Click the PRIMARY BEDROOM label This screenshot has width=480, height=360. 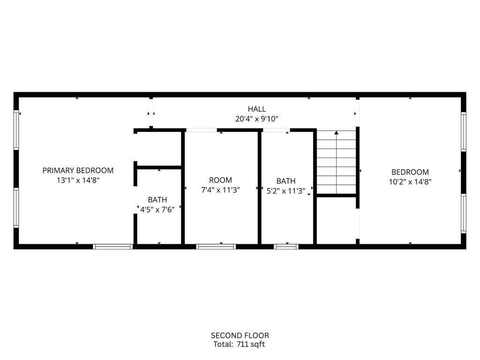click(x=78, y=171)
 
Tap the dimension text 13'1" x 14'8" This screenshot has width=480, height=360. click(x=78, y=180)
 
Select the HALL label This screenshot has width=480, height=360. click(x=257, y=109)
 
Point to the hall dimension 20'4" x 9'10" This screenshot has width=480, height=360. click(x=257, y=119)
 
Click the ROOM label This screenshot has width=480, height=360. click(x=220, y=180)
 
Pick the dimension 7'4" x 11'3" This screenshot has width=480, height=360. click(x=220, y=190)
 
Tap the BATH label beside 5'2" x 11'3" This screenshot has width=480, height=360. click(x=286, y=181)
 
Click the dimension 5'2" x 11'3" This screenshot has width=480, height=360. click(x=286, y=191)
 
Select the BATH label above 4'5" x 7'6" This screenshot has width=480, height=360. click(x=157, y=200)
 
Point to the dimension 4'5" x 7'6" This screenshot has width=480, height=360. click(x=157, y=210)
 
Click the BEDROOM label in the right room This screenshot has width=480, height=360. click(x=410, y=172)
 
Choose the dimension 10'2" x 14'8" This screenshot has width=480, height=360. click(x=410, y=182)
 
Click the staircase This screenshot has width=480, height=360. click(x=336, y=164)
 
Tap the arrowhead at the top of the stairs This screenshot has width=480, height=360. click(x=336, y=133)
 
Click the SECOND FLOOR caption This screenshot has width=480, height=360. click(x=240, y=335)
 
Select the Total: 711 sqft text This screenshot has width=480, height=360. click(x=240, y=345)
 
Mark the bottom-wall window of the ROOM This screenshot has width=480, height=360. click(x=216, y=246)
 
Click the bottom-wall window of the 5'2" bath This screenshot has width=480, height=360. click(x=286, y=246)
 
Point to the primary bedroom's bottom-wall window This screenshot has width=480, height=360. click(x=113, y=246)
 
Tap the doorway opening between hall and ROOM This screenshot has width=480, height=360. click(x=202, y=130)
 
